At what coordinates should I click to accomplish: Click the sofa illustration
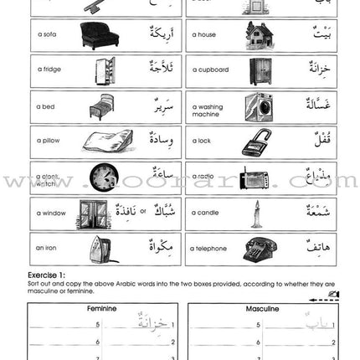tap(99, 35)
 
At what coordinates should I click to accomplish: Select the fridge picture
tap(103, 71)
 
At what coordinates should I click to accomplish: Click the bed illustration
tap(100, 107)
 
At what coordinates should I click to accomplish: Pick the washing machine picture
tap(258, 107)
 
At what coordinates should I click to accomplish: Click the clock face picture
tap(105, 178)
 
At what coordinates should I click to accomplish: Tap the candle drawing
tap(253, 214)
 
